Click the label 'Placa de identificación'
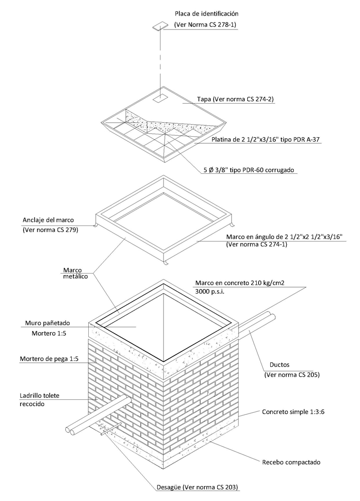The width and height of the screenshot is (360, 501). tap(206, 14)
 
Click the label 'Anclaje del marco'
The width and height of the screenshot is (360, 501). tap(49, 219)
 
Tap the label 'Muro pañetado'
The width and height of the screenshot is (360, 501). tap(44, 323)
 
